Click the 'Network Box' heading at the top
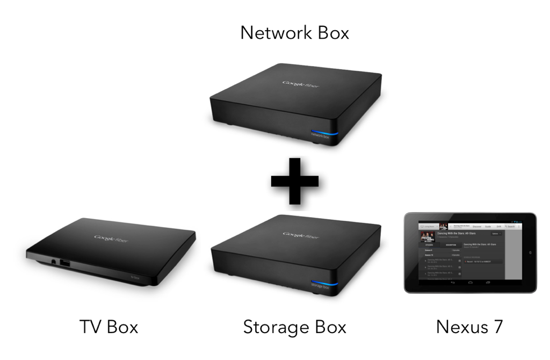pos(294,32)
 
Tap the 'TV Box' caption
pos(108,326)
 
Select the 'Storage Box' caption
pos(294,326)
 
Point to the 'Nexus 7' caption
pos(469,326)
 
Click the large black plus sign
pos(294,181)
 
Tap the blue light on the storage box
pos(324,283)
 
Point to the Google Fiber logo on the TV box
pos(112,237)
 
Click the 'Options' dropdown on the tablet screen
pos(495,234)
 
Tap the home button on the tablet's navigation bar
pos(470,282)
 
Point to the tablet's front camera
pos(530,253)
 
